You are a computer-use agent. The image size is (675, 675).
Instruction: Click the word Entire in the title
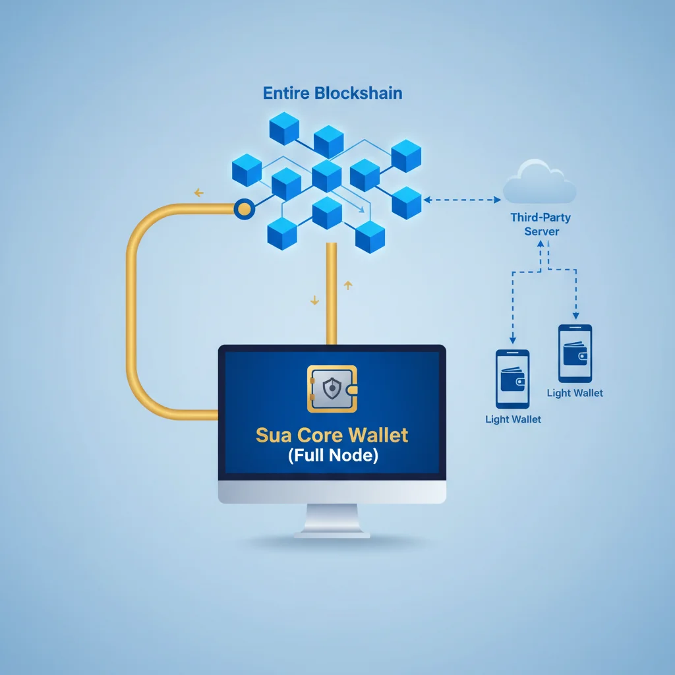click(x=286, y=92)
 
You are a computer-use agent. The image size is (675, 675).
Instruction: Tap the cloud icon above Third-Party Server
click(x=539, y=184)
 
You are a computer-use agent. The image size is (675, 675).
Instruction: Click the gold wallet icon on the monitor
click(x=332, y=390)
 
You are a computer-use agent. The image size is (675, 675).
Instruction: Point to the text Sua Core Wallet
click(x=332, y=435)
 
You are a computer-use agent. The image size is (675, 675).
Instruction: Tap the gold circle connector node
click(x=244, y=210)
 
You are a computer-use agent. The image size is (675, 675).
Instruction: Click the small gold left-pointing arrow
click(x=198, y=193)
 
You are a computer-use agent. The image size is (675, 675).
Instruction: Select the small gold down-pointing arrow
click(x=314, y=300)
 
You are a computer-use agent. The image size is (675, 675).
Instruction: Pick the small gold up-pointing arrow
click(x=348, y=285)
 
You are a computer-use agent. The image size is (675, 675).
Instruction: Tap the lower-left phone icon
click(x=512, y=379)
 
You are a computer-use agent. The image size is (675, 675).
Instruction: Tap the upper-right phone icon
click(x=575, y=353)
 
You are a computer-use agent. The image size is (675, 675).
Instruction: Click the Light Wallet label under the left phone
click(x=513, y=419)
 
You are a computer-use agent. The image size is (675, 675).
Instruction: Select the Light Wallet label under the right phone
click(x=575, y=393)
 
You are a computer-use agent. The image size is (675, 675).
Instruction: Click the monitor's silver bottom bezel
click(x=332, y=491)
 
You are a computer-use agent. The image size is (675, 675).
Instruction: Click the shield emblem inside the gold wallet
click(x=330, y=390)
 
